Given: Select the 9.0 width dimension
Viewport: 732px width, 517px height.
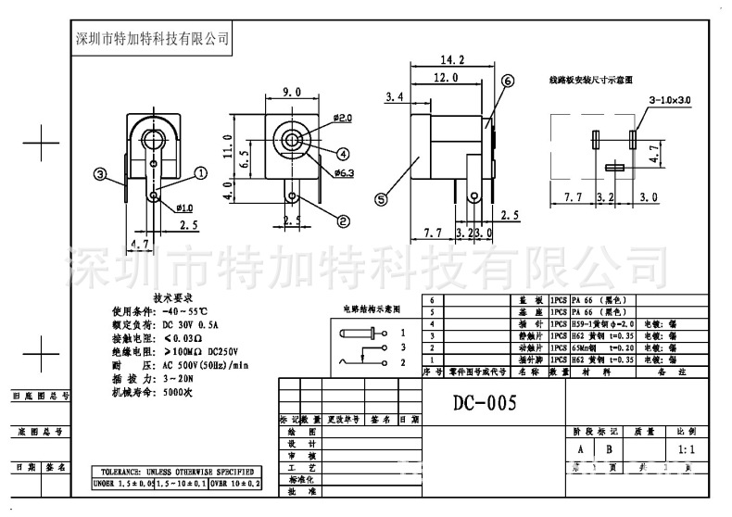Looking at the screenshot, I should (x=291, y=91).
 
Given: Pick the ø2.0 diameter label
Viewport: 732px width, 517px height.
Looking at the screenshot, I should (x=342, y=119).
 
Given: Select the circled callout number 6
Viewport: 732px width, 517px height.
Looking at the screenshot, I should (x=507, y=82).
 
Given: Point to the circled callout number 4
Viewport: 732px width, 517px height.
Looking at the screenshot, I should (x=342, y=154).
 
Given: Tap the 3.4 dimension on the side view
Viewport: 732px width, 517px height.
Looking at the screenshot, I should (x=394, y=96).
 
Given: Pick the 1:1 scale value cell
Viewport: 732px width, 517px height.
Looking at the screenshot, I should (x=688, y=450).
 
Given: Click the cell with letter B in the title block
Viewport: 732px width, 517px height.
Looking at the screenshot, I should (x=610, y=450).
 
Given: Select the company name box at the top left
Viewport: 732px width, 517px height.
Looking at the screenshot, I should (x=151, y=39).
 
